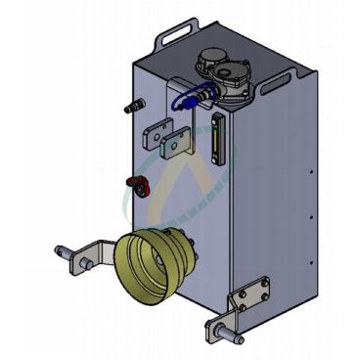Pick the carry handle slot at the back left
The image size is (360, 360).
(x=175, y=38)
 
